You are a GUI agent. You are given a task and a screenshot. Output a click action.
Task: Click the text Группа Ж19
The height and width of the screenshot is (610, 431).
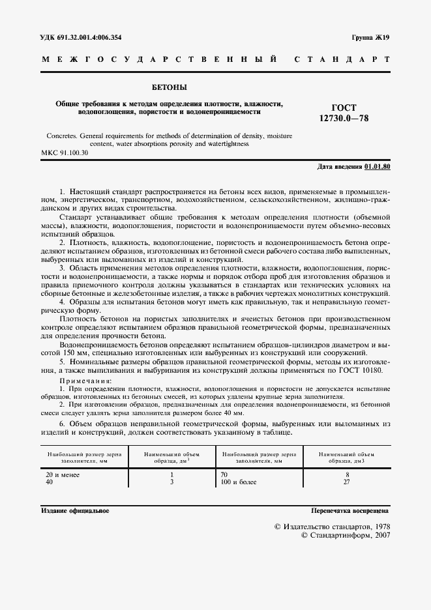(370, 38)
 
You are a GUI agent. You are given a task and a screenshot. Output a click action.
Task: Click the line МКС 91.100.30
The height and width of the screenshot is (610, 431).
(65, 152)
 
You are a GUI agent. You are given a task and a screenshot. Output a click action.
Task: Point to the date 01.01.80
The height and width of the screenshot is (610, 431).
(377, 167)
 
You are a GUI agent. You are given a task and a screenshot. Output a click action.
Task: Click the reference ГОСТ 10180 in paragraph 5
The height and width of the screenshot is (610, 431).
(361, 371)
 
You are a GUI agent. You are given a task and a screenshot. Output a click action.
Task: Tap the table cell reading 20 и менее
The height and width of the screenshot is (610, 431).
(62, 475)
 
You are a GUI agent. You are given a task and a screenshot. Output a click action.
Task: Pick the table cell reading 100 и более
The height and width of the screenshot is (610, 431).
(239, 482)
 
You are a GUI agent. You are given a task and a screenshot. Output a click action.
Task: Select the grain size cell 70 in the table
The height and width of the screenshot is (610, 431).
(226, 475)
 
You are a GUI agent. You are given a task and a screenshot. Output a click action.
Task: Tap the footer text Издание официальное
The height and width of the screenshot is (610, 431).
(75, 510)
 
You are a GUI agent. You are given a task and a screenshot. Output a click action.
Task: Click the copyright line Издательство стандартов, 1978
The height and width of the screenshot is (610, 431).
(331, 525)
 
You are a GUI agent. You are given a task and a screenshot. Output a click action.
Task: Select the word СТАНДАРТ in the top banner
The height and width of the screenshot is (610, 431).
(342, 59)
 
